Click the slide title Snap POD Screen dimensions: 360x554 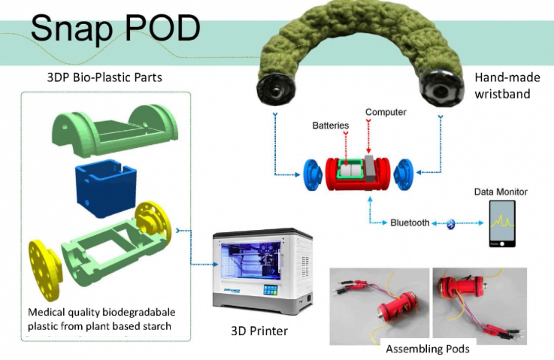(x=115, y=28)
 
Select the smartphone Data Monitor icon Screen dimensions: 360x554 (x=502, y=223)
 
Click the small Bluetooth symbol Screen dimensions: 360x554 (x=451, y=224)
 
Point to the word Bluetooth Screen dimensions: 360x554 (x=410, y=223)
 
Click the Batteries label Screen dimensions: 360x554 (x=331, y=125)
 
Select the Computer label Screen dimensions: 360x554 (x=386, y=112)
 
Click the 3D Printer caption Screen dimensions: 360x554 (x=259, y=331)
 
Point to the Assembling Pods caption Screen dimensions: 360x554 (x=428, y=349)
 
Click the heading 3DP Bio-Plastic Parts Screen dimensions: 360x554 (x=104, y=78)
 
